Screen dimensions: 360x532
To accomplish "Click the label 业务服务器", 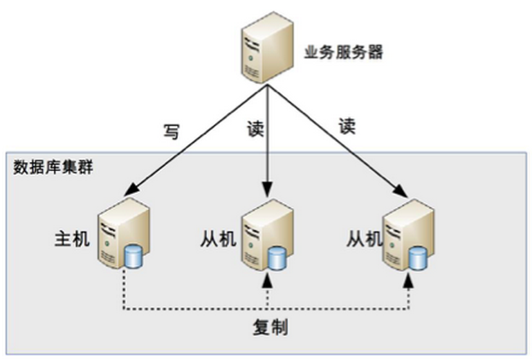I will click(343, 52).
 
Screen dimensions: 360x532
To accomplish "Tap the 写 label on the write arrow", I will click(171, 131).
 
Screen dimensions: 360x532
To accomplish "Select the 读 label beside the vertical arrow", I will click(255, 128).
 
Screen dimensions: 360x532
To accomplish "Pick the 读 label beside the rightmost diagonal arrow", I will click(347, 126).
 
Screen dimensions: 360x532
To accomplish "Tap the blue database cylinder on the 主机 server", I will click(134, 257).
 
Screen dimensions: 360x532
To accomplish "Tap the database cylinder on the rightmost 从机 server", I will click(417, 258).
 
